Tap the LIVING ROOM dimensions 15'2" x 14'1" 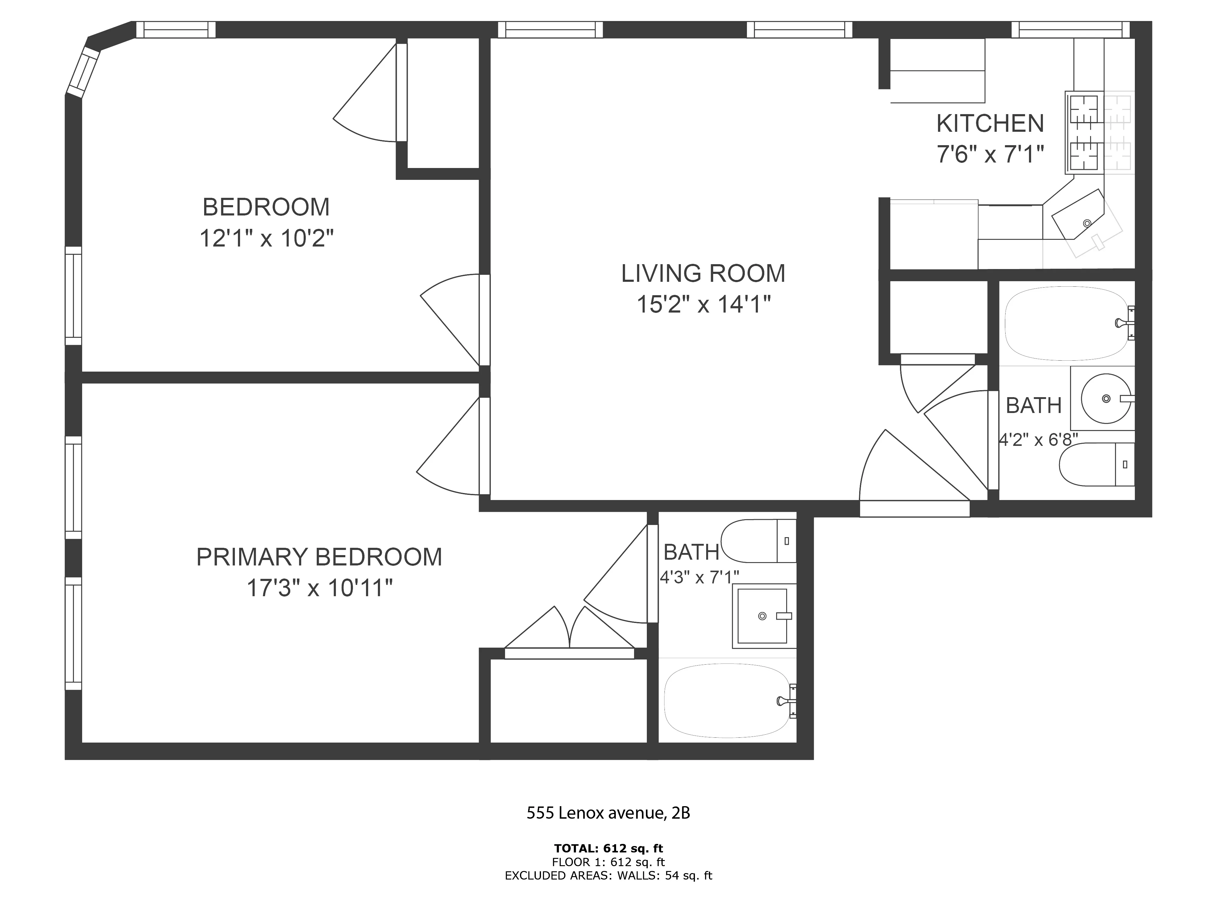pyautogui.click(x=703, y=304)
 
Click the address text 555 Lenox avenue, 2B pyautogui.click(x=608, y=813)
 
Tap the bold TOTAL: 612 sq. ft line pyautogui.click(x=608, y=848)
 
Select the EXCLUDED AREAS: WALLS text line pyautogui.click(x=608, y=876)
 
